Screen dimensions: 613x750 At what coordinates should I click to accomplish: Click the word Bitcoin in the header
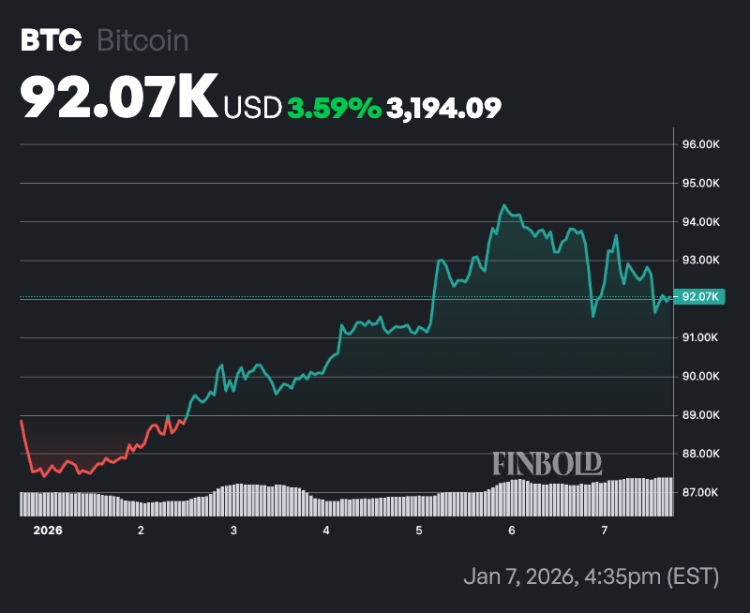143,41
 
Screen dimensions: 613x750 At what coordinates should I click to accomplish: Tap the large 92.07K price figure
119,97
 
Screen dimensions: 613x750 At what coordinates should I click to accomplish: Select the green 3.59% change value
334,108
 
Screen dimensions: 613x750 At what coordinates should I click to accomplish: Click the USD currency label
252,108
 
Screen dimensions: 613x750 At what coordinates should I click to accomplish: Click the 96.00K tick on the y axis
700,145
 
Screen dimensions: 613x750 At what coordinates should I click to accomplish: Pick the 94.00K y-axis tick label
700,222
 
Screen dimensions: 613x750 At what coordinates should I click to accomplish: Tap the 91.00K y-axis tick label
700,337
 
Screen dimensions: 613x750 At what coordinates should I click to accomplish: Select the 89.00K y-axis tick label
700,415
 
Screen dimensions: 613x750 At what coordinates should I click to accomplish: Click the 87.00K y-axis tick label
700,492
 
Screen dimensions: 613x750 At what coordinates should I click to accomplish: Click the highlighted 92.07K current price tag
700,297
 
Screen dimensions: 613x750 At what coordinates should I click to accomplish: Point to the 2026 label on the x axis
48,531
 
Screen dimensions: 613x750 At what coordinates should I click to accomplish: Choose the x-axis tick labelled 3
233,531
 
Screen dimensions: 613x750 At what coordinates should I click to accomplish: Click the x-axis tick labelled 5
419,531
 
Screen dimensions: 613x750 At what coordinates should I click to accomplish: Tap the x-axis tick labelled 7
605,531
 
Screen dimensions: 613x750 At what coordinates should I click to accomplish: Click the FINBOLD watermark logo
547,463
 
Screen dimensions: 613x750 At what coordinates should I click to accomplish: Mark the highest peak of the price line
503,205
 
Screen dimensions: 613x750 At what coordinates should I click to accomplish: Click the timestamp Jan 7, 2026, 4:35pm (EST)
591,575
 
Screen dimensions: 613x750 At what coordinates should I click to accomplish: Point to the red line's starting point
21,422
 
